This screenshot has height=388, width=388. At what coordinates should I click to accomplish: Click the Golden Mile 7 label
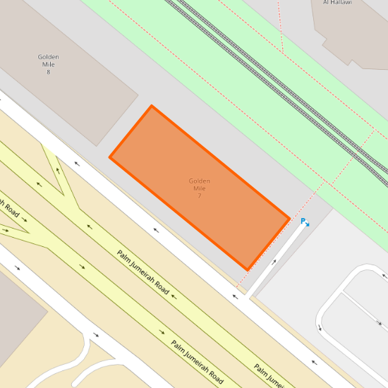(200, 188)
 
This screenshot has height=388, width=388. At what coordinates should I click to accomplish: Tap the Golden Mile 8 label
(48, 64)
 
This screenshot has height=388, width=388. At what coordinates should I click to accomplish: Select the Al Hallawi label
(337, 3)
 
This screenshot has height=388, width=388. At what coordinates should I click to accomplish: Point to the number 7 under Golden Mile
(200, 195)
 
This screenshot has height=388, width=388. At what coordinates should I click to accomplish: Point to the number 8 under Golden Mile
(48, 72)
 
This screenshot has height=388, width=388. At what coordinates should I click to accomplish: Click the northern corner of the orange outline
(152, 107)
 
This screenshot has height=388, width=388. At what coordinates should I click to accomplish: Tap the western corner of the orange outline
(110, 157)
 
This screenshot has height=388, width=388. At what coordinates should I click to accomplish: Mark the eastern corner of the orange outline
(289, 219)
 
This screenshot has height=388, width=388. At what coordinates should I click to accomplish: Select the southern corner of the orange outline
(248, 269)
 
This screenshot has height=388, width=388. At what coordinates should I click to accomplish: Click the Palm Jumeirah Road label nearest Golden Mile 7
(143, 273)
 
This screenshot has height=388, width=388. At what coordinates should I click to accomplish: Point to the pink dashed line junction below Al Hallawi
(282, 53)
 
